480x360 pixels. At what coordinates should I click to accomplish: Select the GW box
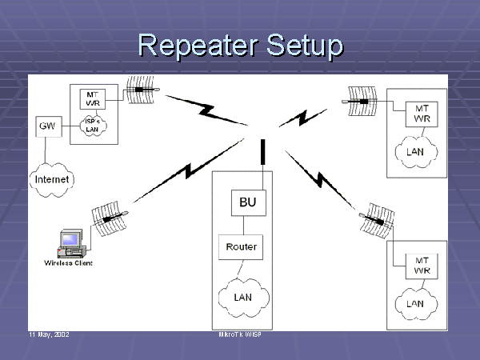(x=46, y=126)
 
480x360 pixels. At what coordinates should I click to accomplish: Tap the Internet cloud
(x=53, y=179)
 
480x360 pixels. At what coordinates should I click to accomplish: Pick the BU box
(x=248, y=202)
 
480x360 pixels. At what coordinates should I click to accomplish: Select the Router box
(x=241, y=246)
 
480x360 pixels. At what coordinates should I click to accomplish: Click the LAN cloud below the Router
(x=242, y=297)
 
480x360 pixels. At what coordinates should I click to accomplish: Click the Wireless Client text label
(x=68, y=262)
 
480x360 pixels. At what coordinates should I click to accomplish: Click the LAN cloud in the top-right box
(x=415, y=150)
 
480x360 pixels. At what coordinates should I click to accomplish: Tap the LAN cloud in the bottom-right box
(x=415, y=303)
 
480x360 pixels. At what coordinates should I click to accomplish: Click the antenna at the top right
(x=360, y=100)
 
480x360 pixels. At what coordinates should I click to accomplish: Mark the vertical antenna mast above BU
(x=262, y=152)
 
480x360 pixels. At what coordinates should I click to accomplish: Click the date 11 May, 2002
(x=49, y=334)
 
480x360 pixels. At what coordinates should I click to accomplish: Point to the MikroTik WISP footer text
(x=240, y=334)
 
